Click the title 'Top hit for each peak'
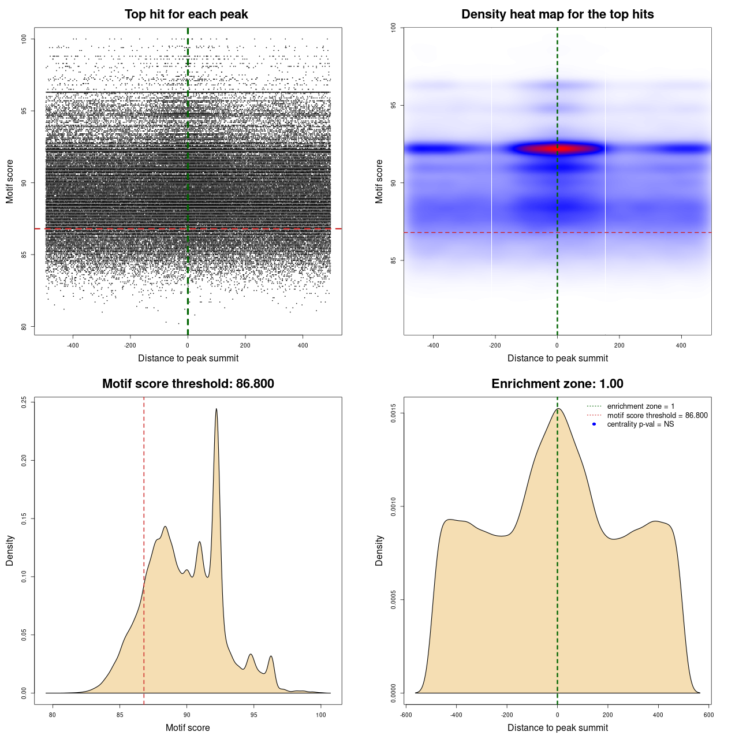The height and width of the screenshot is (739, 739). [186, 14]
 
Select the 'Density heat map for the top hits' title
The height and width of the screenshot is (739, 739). [557, 14]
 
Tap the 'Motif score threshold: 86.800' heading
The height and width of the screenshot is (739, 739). [188, 384]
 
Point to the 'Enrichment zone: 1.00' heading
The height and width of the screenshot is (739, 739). [557, 384]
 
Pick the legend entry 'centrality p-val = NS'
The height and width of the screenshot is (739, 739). [640, 424]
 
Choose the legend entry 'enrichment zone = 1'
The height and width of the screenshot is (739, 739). [640, 406]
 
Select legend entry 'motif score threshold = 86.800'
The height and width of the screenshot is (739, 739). [657, 415]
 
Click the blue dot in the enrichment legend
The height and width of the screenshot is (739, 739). [594, 424]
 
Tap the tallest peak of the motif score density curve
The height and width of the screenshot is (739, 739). [217, 409]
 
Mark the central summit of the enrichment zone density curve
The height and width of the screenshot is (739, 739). [558, 409]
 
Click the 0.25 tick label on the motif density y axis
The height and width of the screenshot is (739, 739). [24, 402]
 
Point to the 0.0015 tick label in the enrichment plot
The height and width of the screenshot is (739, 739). [393, 413]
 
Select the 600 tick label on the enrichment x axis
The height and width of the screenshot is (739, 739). [708, 715]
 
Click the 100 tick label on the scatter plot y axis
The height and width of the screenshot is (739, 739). [24, 39]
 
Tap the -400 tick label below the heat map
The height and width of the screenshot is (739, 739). [433, 345]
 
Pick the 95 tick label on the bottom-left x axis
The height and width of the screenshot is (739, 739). [254, 715]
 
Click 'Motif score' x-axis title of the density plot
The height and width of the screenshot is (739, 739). [188, 727]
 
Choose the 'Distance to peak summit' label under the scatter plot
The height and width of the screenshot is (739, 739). [188, 358]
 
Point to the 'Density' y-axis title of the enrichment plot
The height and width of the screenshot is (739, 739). [379, 550]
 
